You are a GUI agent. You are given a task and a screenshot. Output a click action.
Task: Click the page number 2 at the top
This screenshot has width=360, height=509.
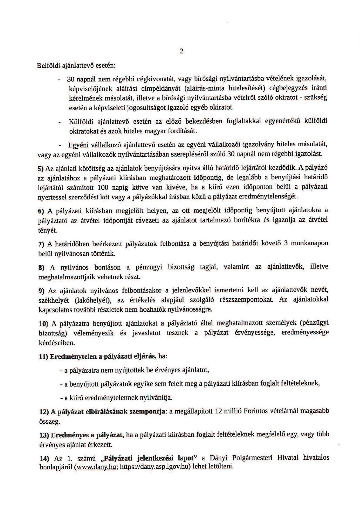click(182, 51)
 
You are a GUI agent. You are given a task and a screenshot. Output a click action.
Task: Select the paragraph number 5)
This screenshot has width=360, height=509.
click(41, 168)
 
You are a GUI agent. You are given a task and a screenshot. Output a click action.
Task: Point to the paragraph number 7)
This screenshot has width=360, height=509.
click(41, 245)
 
